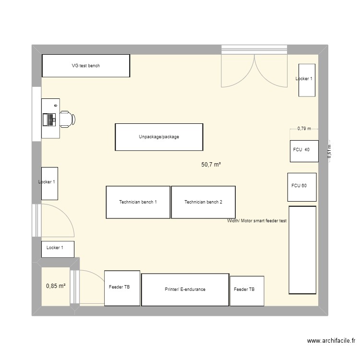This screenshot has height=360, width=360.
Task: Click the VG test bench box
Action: (86, 66)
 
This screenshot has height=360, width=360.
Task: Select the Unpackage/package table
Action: (159, 137)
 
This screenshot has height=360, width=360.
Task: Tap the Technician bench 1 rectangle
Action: (138, 202)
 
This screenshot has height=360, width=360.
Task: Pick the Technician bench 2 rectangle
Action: (204, 202)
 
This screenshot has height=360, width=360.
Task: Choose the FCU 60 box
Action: (302, 187)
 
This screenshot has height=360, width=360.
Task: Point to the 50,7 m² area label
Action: (211, 165)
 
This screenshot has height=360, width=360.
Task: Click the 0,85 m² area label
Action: (56, 287)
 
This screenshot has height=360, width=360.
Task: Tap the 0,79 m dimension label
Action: (304, 129)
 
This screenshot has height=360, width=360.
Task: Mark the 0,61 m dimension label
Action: (329, 151)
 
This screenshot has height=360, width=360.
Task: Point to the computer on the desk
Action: (49, 119)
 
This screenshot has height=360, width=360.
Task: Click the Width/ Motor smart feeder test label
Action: (257, 221)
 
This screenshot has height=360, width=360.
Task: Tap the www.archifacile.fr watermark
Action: (331, 342)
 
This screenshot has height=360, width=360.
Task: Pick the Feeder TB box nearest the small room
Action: (122, 288)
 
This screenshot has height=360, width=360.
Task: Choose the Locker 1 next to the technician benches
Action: (49, 183)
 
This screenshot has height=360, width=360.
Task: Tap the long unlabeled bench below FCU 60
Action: (302, 250)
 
